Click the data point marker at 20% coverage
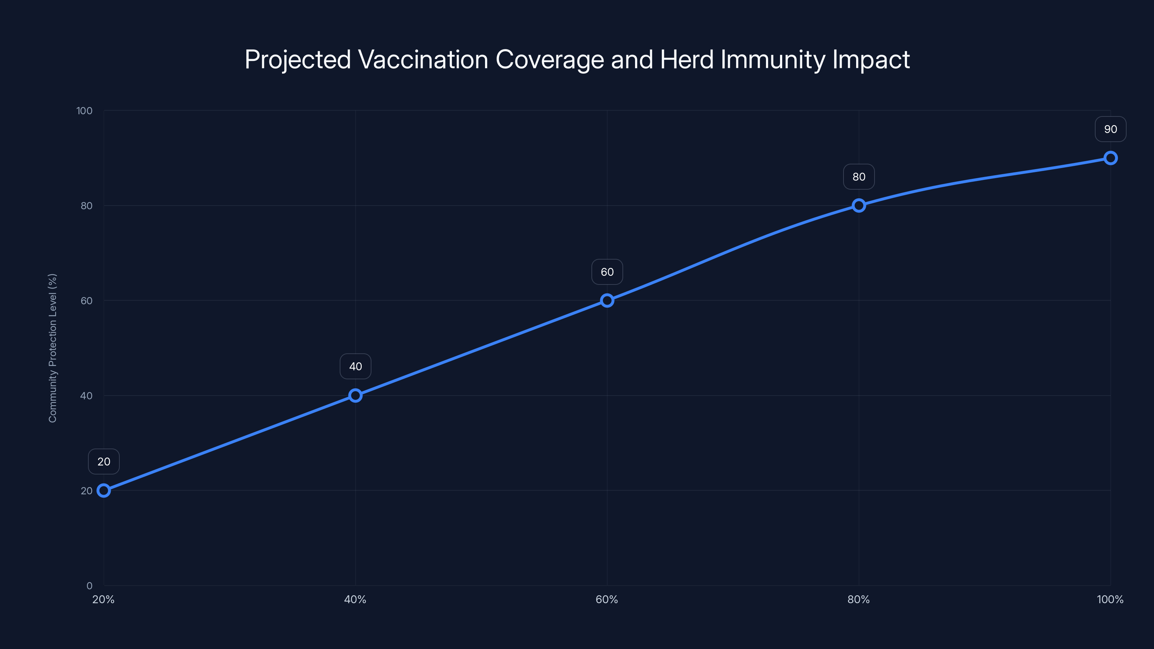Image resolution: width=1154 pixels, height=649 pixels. click(104, 490)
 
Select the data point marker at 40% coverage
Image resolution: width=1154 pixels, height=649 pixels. click(355, 396)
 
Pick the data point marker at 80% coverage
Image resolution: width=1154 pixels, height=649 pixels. click(859, 206)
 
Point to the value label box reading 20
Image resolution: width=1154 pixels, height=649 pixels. click(104, 462)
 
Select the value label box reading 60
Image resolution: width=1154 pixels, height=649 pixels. click(607, 272)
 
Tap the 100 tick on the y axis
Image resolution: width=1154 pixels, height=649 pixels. click(84, 111)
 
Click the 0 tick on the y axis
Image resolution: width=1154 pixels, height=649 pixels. click(89, 586)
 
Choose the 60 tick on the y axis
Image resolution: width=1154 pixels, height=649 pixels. click(87, 301)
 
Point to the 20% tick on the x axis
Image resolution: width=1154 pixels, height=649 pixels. click(103, 600)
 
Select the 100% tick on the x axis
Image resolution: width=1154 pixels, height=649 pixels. click(1110, 600)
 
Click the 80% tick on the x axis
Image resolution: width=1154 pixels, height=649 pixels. click(858, 600)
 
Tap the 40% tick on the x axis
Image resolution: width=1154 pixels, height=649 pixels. click(355, 600)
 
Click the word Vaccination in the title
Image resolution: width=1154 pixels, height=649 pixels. click(423, 59)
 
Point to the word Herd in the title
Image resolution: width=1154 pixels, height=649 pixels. click(687, 59)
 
